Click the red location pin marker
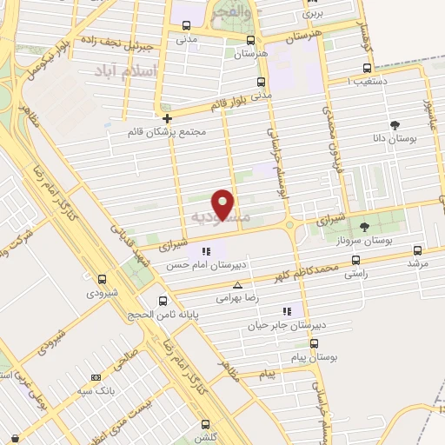pyautogui.click(x=223, y=203)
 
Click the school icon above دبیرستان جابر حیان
pyautogui.click(x=286, y=311)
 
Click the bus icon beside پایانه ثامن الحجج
pyautogui.click(x=163, y=301)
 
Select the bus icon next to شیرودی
pyautogui.click(x=103, y=279)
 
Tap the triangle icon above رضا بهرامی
pyautogui.click(x=237, y=284)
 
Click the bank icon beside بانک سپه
pyautogui.click(x=96, y=377)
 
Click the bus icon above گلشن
pyautogui.click(x=205, y=424)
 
